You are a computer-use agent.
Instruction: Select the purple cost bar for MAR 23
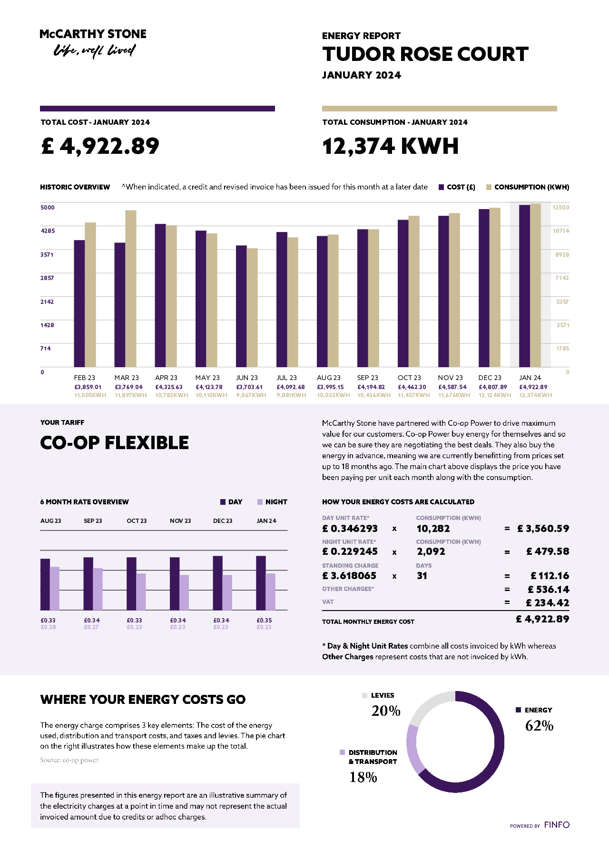119,305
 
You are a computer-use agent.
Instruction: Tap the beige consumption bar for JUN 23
252,308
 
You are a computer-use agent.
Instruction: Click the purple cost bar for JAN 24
524,286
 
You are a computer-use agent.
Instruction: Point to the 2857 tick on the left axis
47,278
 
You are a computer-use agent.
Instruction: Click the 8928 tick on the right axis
562,255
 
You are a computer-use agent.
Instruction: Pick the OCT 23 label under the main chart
409,378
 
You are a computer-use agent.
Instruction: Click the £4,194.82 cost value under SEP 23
371,387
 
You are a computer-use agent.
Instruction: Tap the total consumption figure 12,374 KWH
390,146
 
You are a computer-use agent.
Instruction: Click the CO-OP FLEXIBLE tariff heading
115,443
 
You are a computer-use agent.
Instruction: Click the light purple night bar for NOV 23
184,592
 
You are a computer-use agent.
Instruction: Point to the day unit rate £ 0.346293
350,529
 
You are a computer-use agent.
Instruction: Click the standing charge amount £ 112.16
550,576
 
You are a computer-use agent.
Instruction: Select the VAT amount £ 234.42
547,603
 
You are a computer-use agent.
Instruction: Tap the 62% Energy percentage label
539,726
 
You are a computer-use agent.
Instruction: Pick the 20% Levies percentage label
386,711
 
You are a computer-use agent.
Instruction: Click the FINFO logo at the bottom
557,825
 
